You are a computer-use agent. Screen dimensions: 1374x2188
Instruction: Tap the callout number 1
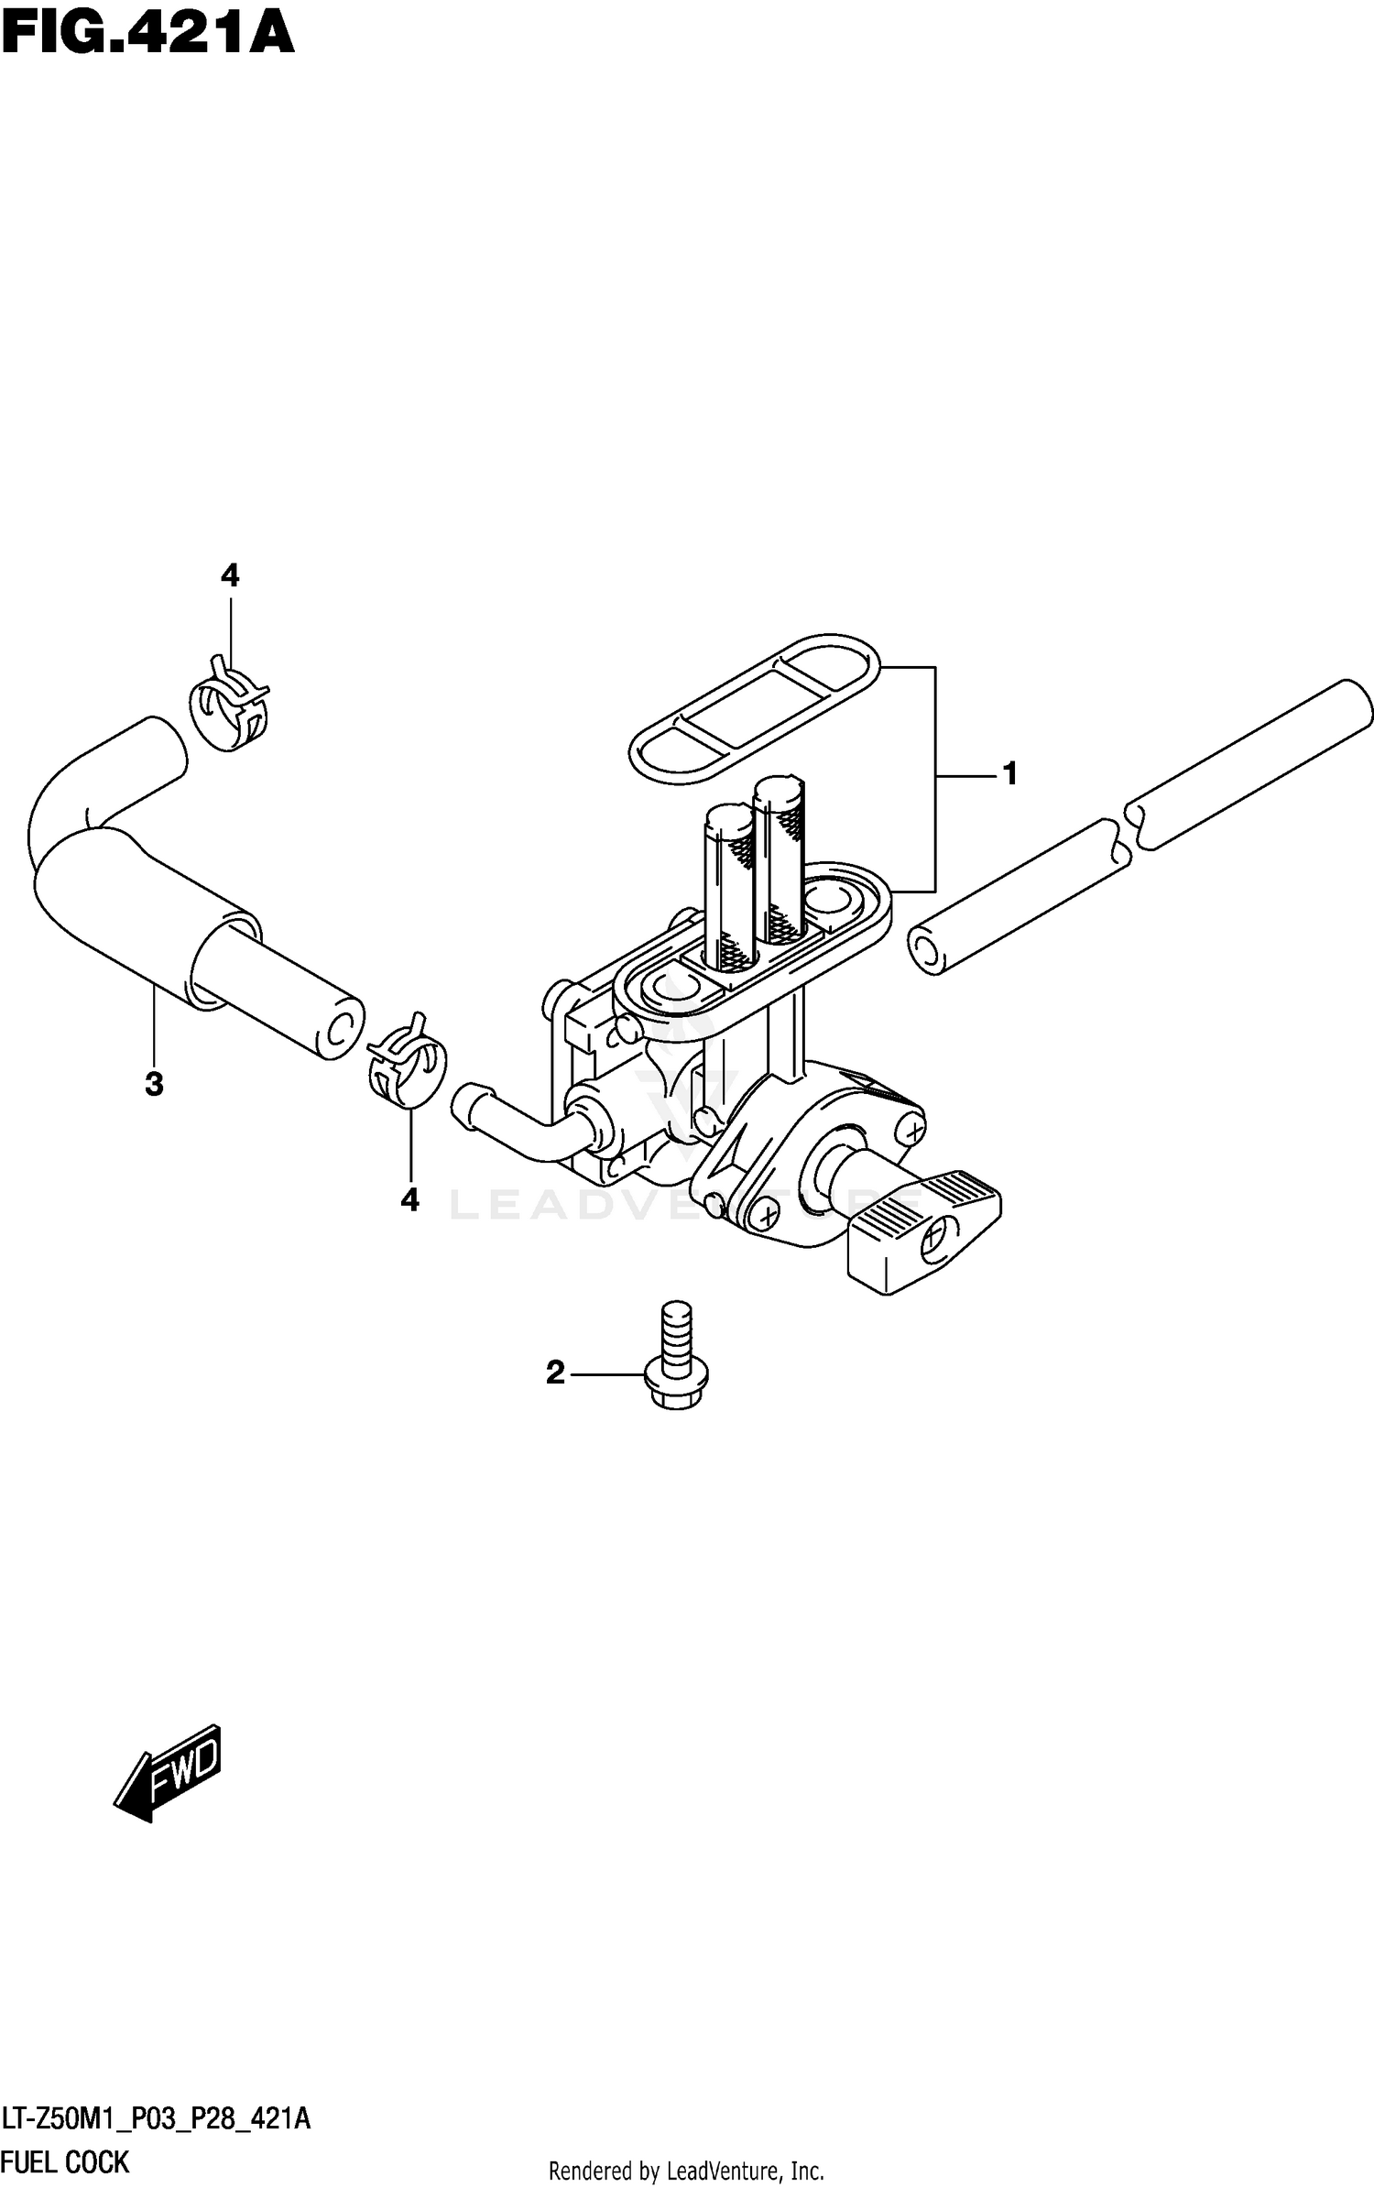point(1009,775)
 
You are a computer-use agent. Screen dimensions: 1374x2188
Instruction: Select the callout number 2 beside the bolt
point(555,1373)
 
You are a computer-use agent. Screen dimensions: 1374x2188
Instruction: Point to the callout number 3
point(154,1084)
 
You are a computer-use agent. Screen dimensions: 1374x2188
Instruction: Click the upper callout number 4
point(230,575)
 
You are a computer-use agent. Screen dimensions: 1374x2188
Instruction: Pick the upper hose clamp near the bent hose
point(229,704)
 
